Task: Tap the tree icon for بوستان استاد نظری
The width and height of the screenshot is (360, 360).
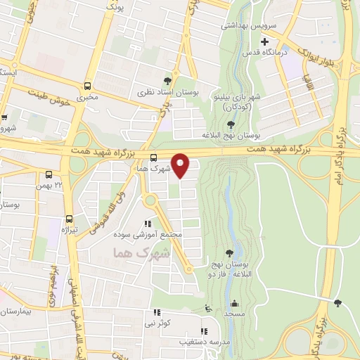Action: tap(167, 81)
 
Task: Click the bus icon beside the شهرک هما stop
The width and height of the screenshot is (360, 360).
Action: tap(154, 157)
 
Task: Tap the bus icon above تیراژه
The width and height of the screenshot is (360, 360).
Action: tap(69, 218)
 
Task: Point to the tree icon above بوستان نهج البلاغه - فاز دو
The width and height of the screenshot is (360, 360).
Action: tap(229, 252)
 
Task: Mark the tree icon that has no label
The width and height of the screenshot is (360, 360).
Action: tap(338, 303)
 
